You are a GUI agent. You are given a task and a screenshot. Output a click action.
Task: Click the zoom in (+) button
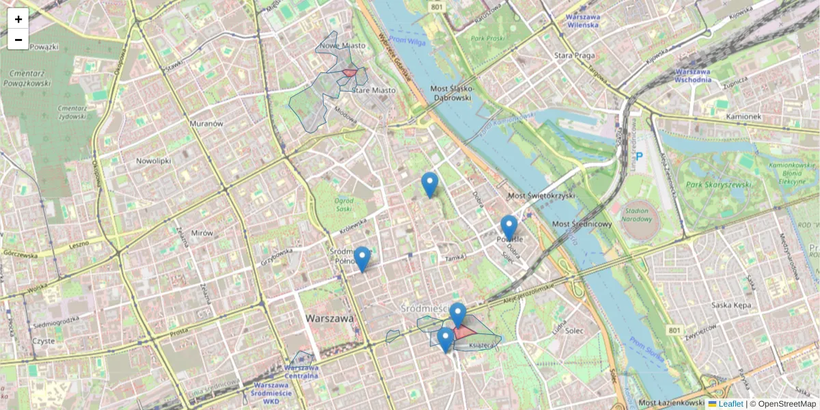(18, 19)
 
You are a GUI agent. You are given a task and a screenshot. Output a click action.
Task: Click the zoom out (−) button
(18, 40)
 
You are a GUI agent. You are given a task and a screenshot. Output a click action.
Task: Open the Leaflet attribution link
(730, 404)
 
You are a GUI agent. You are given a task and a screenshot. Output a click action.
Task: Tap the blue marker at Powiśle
(509, 228)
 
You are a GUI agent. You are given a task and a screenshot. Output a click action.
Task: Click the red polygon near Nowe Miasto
(350, 72)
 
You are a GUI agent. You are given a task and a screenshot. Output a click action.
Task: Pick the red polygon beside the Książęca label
(465, 332)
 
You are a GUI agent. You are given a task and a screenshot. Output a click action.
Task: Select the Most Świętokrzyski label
(541, 196)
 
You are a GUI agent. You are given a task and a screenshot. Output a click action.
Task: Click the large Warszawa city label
(329, 318)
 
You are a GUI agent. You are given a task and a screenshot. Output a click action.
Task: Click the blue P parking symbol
(640, 156)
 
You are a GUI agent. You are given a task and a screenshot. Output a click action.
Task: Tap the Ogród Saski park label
(344, 205)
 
